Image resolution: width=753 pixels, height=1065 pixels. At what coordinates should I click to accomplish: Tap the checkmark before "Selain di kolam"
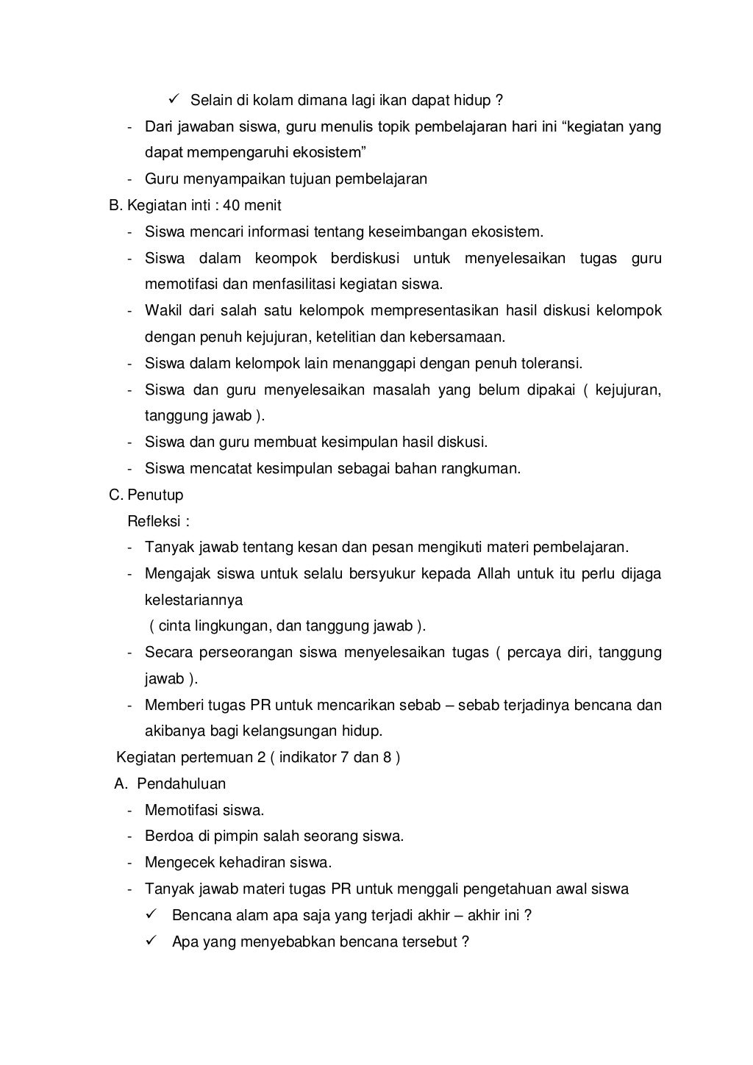174,99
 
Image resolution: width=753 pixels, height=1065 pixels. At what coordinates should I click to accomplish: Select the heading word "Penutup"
155,495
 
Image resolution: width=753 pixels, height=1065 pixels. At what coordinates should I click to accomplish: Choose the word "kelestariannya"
193,600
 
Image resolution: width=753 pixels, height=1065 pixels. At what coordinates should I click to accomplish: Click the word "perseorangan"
250,653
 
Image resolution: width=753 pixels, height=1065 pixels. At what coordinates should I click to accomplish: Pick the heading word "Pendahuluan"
182,784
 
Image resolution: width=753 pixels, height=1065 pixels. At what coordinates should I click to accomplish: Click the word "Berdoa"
166,836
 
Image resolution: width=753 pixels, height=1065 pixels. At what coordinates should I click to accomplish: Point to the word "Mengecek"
176,863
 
